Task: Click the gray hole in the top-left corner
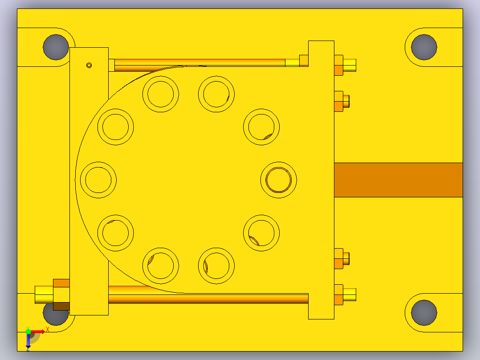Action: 56,47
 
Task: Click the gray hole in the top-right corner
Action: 424,47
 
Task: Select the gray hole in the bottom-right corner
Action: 424,312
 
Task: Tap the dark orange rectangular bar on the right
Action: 398,180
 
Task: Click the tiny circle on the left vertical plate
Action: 89,65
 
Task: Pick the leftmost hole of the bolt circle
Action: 98,180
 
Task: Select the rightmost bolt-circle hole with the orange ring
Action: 279,180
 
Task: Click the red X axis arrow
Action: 38,331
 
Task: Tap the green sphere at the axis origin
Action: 28,331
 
